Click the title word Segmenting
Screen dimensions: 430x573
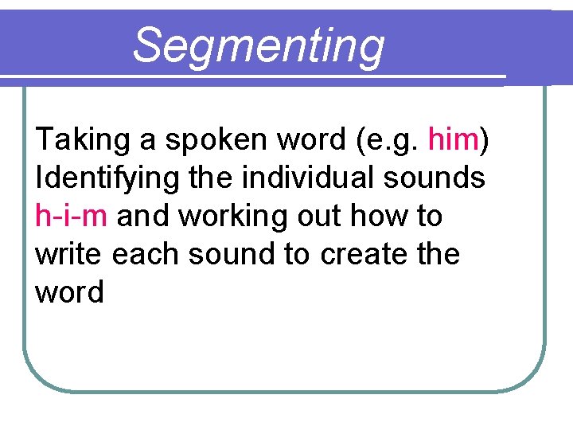click(x=258, y=45)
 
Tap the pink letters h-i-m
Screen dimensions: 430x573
click(x=71, y=216)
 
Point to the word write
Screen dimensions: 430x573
click(x=69, y=254)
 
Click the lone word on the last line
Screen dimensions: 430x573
click(x=69, y=292)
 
